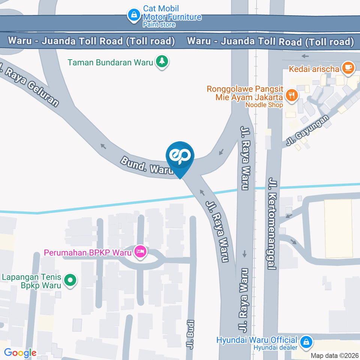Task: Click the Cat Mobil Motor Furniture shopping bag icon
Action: pyautogui.click(x=133, y=15)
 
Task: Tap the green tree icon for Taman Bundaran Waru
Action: pyautogui.click(x=162, y=61)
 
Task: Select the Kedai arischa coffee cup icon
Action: pyautogui.click(x=348, y=68)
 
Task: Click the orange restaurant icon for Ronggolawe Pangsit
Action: pyautogui.click(x=291, y=95)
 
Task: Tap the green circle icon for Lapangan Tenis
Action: pyautogui.click(x=70, y=280)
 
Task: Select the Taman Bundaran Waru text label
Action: pyautogui.click(x=110, y=62)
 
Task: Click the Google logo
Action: pyautogui.click(x=20, y=352)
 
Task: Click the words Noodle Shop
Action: pyautogui.click(x=264, y=105)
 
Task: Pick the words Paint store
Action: pyautogui.click(x=159, y=25)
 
